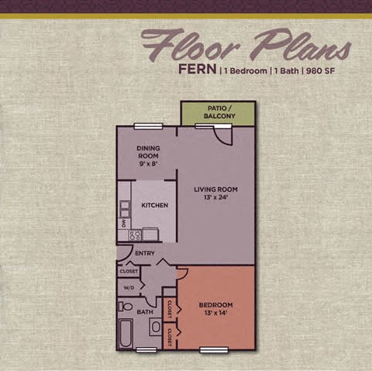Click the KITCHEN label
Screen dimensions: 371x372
(155, 205)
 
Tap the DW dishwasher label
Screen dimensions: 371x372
(123, 223)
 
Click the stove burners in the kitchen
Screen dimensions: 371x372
(134, 234)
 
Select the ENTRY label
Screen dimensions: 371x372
(145, 253)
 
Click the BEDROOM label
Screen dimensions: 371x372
(218, 305)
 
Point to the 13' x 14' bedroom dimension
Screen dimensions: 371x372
(218, 314)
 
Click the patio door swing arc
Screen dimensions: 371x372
(224, 137)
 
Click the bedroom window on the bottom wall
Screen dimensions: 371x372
(214, 350)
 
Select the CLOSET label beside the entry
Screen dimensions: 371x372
(129, 271)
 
